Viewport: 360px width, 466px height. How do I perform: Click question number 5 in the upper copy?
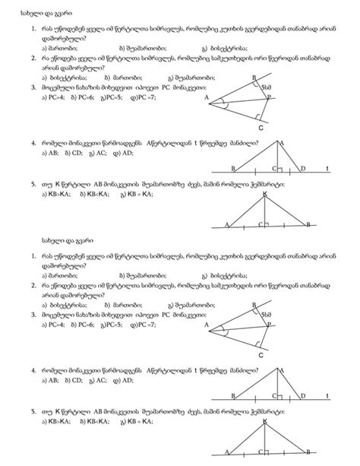click(x=33, y=184)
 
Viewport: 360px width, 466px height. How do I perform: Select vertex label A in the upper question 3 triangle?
click(x=206, y=97)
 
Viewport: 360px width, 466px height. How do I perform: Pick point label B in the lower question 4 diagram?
click(x=233, y=395)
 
